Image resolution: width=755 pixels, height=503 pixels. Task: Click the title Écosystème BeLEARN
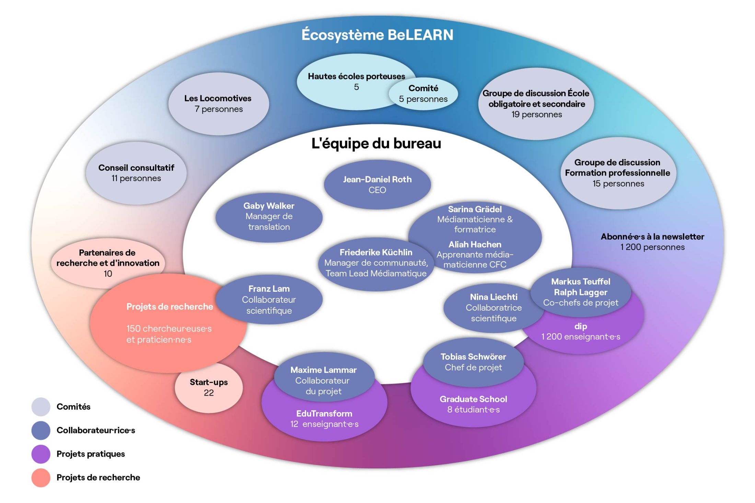(377, 35)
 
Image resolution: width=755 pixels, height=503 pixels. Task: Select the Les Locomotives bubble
(218, 104)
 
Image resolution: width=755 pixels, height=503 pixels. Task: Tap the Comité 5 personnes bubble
(423, 94)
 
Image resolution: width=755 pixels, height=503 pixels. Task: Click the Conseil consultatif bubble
(136, 173)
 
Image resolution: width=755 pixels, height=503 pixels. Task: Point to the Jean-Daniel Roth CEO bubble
(377, 184)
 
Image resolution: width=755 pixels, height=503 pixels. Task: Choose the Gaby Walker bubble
(269, 217)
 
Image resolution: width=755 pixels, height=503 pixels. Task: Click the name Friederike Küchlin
(376, 252)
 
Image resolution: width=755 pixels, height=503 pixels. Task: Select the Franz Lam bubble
(269, 299)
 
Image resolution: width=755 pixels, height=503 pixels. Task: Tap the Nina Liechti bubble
(493, 308)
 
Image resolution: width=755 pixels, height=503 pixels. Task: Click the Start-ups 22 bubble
(209, 387)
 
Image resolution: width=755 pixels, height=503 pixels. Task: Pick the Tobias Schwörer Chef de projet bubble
(473, 362)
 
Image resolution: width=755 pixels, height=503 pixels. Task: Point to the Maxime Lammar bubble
(323, 380)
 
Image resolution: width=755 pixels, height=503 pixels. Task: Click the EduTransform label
(324, 414)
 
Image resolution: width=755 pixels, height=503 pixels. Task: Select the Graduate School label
(473, 399)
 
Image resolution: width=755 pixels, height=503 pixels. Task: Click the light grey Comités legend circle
(41, 407)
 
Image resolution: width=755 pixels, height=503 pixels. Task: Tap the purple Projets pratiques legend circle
(41, 454)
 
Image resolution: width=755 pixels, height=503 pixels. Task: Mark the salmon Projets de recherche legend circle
(41, 478)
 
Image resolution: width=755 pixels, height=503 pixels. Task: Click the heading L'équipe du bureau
(376, 143)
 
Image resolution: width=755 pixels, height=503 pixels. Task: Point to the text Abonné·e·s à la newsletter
(652, 237)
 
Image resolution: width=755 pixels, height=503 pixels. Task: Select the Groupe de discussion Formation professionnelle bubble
(618, 173)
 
